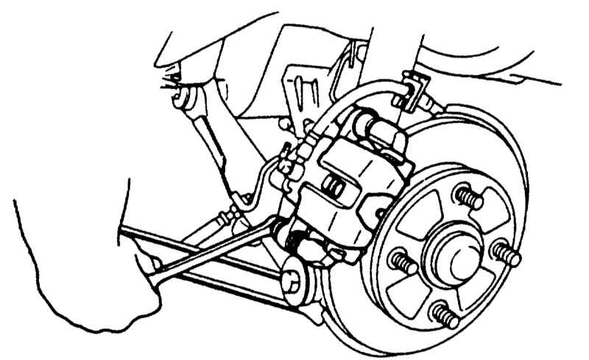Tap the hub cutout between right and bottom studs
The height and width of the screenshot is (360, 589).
482,294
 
